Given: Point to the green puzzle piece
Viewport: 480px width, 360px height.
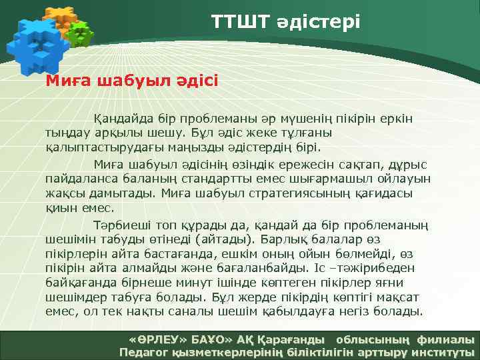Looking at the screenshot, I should pos(81,33).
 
